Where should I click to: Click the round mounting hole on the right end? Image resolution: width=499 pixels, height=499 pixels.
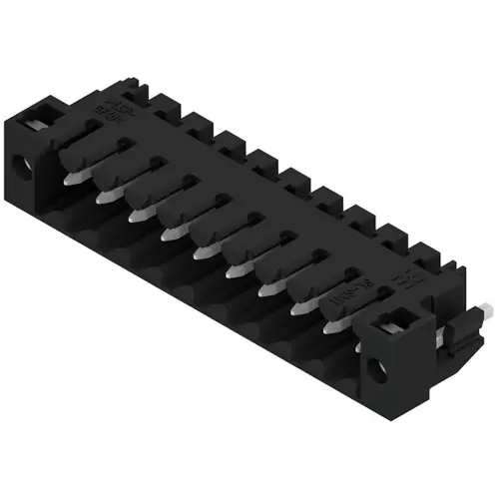(379, 369)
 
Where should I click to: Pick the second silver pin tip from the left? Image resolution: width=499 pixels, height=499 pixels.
(102, 197)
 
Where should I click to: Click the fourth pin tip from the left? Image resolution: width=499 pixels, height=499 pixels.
(167, 235)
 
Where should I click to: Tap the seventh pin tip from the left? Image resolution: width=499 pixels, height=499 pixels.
(266, 292)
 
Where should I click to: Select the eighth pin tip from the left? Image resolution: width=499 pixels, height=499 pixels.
(298, 311)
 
